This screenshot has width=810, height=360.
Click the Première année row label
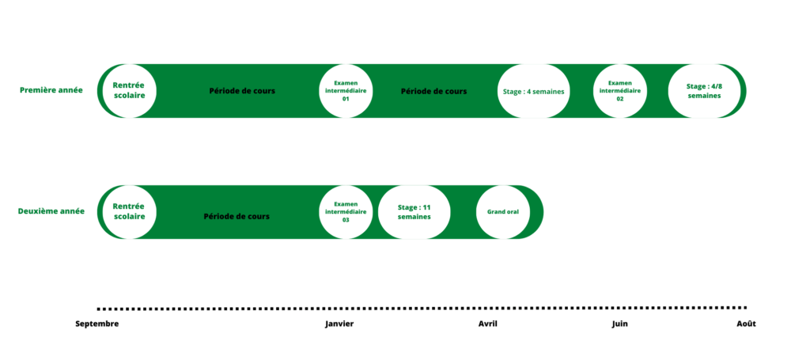coord(51,90)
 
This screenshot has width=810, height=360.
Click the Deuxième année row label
coord(51,211)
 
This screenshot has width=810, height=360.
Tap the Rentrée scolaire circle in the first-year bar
coord(129,91)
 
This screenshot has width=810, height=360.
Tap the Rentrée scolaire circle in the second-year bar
coord(129,212)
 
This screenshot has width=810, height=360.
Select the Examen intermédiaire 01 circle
coord(346,91)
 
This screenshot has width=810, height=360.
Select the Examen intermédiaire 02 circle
coord(620,91)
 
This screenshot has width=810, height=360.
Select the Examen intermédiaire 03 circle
coord(346,212)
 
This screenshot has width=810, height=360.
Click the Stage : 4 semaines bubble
coord(534,92)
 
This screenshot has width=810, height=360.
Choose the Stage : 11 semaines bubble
coord(414,212)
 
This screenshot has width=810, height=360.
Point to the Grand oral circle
coord(503,212)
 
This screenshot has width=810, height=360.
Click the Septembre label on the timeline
coord(97,324)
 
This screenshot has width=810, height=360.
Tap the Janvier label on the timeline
coord(339,324)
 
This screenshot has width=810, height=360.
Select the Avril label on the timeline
coord(487,324)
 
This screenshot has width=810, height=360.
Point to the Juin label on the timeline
coord(620,324)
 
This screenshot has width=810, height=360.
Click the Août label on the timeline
coord(747,324)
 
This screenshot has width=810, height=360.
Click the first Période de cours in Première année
coord(242,91)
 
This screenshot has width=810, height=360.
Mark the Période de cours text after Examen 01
coord(434,92)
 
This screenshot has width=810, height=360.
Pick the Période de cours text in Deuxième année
coord(237,217)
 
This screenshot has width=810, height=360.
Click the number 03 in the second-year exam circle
coord(346,219)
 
